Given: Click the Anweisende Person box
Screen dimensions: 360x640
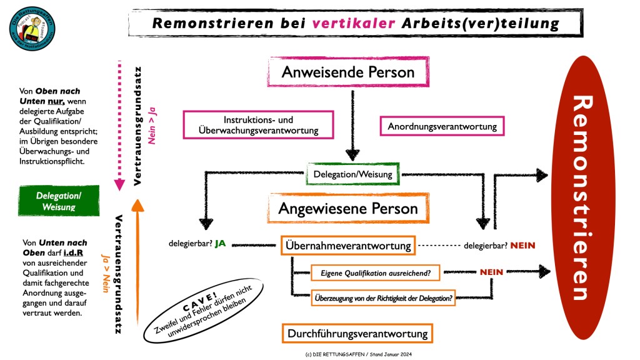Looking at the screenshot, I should [x=348, y=71].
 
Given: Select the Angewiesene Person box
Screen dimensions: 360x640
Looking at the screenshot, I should [x=348, y=207].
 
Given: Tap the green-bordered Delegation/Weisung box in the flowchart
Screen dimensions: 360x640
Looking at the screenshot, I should [x=353, y=174].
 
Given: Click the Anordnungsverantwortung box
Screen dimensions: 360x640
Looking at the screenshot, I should [x=442, y=126].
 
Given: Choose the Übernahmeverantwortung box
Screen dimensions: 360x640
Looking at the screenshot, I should [x=347, y=246].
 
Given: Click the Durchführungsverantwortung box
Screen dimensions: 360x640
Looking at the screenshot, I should [x=357, y=333].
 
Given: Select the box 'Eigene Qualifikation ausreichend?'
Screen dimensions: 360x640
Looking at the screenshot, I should [x=375, y=273].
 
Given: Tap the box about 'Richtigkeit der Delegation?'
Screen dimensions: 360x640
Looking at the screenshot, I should [x=382, y=298].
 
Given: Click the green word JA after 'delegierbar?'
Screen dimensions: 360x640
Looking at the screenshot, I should [x=220, y=244].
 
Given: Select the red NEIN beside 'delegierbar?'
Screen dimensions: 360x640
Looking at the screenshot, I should [x=522, y=246].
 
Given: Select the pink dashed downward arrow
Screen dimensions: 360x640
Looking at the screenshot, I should [x=116, y=125].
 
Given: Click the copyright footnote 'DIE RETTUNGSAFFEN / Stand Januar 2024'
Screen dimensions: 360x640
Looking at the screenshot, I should [x=358, y=354].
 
